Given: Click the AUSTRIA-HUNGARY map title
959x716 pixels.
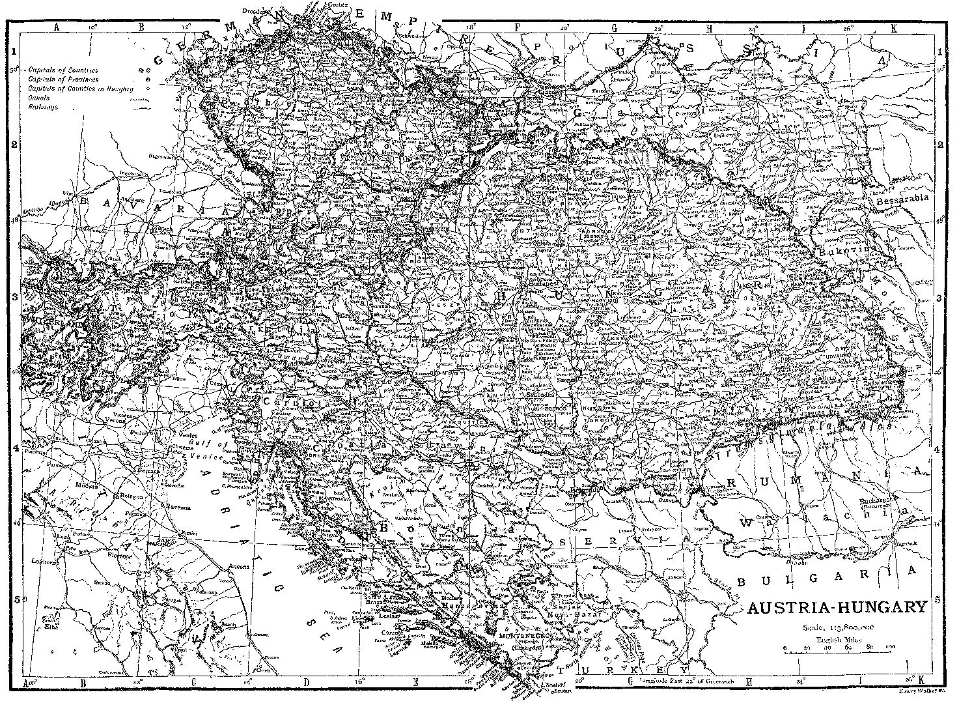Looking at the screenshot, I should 837,608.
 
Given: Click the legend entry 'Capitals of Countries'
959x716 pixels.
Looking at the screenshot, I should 63,70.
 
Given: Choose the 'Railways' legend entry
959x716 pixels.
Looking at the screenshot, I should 43,107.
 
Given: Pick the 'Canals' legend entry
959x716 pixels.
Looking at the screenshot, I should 39,98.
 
